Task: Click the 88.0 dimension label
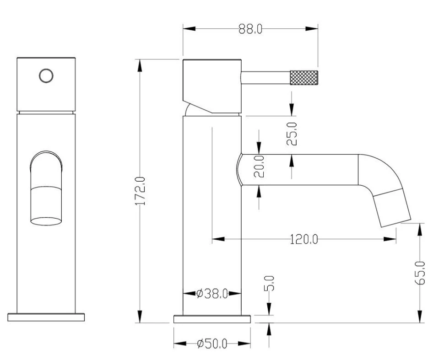tap(250, 28)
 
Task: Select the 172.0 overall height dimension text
tap(140, 191)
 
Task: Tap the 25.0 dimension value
tap(292, 134)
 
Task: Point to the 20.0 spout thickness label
tap(259, 167)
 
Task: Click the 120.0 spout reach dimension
tap(304, 239)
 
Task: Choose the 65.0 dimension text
tap(420, 273)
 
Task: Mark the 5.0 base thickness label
tap(269, 283)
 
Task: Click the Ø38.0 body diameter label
tap(212, 294)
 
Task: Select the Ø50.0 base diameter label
tap(212, 344)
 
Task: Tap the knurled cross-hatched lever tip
tap(303, 78)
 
